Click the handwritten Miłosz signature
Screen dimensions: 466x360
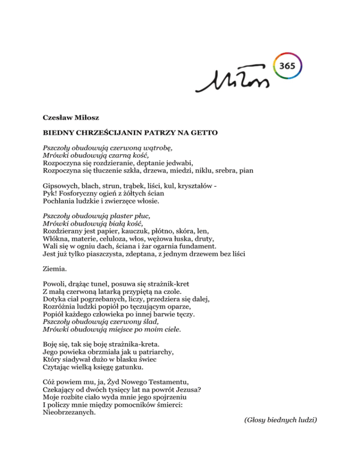click(x=233, y=83)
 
